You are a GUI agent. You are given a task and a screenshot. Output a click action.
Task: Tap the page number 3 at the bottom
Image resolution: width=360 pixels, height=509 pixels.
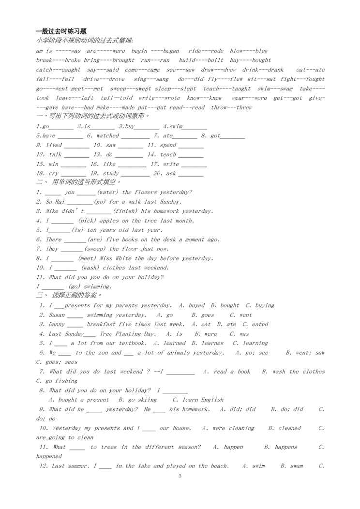pos(180,476)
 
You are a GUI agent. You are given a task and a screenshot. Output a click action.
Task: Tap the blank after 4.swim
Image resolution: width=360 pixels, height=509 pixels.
pos(195,127)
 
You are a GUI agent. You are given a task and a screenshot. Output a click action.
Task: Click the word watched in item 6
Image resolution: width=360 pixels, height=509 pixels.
pos(107,136)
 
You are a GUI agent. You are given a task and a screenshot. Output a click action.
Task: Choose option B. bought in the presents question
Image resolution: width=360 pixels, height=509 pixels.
pos(225,305)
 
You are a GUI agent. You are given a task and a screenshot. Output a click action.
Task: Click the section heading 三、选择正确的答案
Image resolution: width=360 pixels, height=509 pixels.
pos(69,296)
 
